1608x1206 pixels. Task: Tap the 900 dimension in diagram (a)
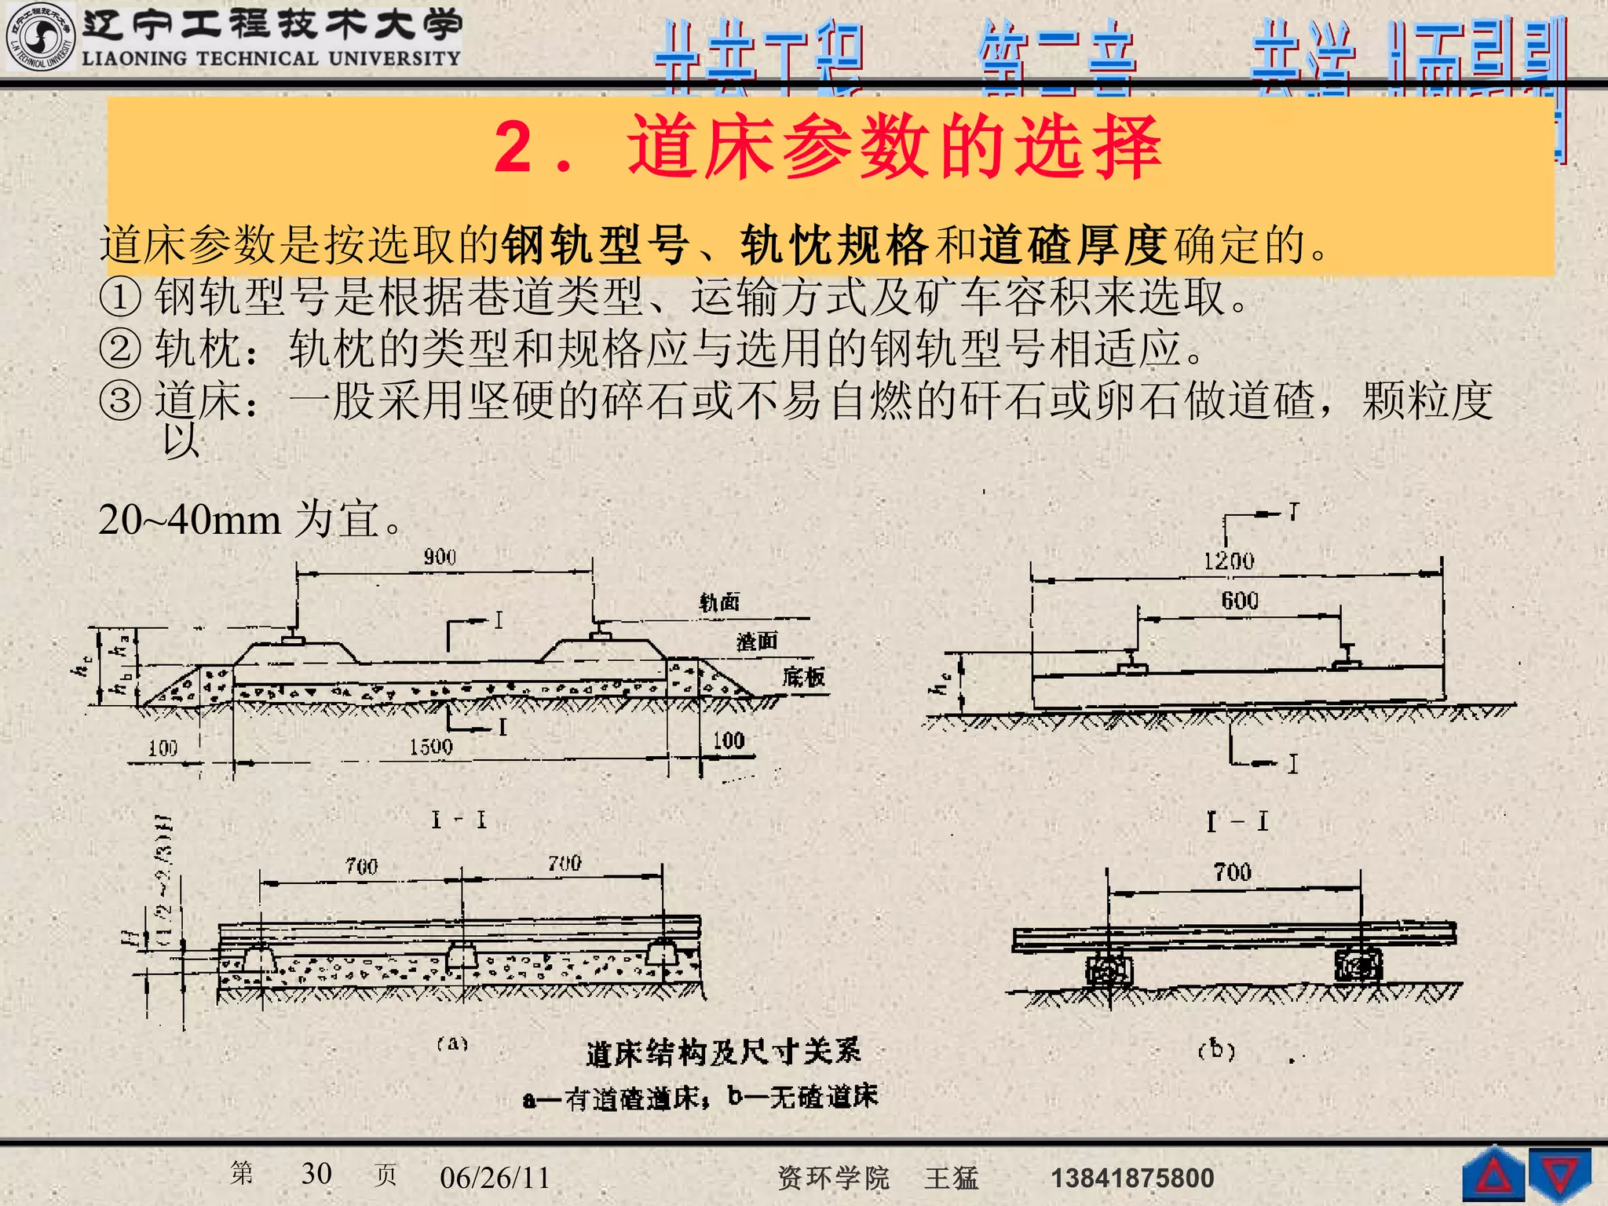pos(440,557)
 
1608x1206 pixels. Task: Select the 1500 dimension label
pos(430,747)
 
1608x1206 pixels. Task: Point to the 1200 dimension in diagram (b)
pos(1229,561)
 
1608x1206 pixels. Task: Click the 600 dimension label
pos(1240,601)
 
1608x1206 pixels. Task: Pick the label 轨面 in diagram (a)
pos(719,603)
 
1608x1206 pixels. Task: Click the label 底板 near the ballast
pos(803,677)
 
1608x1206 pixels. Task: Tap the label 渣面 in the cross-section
pos(757,642)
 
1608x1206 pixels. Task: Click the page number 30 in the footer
pos(316,1174)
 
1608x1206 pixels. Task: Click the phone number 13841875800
pos(1132,1178)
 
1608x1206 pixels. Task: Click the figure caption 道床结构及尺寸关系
pos(723,1053)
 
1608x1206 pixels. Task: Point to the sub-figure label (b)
pos(1216,1050)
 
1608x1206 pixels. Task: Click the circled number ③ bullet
pos(120,401)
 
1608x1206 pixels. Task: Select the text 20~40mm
pos(189,520)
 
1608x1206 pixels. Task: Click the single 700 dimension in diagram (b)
pos(1232,872)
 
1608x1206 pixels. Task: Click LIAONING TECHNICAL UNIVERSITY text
pos(271,59)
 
